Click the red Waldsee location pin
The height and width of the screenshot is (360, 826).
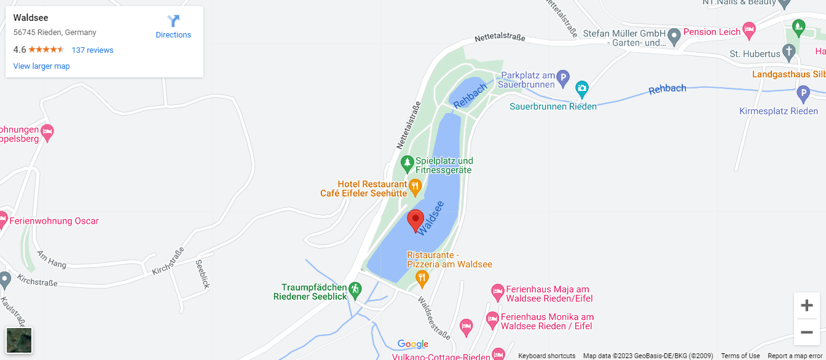tap(415, 219)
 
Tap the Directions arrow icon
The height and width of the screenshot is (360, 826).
tap(173, 21)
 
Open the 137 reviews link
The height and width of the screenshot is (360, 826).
tap(92, 50)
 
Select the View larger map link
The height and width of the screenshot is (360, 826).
tap(41, 66)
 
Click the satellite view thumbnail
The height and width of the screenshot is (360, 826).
tap(19, 340)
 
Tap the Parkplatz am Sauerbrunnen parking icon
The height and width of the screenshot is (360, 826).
tap(563, 78)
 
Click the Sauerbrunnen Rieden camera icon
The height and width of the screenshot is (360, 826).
tap(581, 90)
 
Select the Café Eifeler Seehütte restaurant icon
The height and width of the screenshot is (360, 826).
tap(415, 186)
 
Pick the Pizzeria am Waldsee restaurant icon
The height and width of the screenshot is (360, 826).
tap(422, 278)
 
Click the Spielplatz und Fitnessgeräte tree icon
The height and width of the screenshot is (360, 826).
tap(406, 163)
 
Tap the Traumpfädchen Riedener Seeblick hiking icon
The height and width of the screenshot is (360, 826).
tap(355, 289)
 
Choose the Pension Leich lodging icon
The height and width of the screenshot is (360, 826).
tap(749, 29)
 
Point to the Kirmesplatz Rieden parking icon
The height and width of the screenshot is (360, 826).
tap(803, 95)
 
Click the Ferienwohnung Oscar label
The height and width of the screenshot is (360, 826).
tap(53, 221)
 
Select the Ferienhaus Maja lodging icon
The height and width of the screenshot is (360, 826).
tap(497, 290)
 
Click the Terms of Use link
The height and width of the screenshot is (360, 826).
tap(740, 356)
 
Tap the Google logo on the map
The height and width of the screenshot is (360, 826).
tap(412, 344)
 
